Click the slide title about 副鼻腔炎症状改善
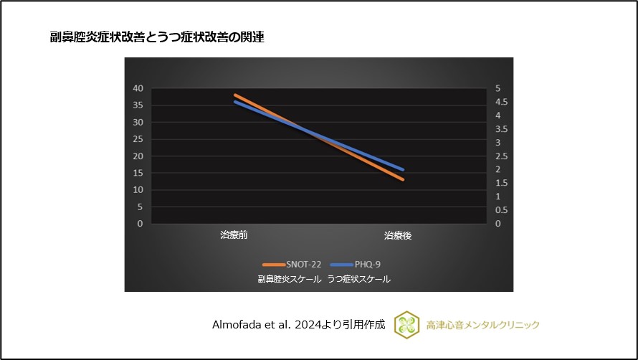click(x=157, y=38)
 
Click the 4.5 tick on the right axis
click(x=501, y=102)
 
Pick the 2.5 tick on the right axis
click(x=501, y=156)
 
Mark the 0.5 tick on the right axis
click(x=501, y=210)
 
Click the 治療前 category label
click(x=234, y=235)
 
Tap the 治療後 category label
click(x=397, y=235)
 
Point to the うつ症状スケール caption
click(x=358, y=279)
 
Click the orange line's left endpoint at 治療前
click(x=235, y=95)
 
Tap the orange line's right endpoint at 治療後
click(x=403, y=179)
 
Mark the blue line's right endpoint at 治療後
click(x=403, y=169)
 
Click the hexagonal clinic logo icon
click(x=406, y=325)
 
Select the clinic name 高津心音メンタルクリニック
click(x=482, y=325)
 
